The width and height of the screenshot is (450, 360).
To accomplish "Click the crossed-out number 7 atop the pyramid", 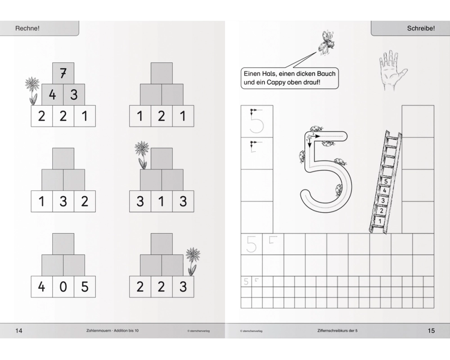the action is click(63, 73).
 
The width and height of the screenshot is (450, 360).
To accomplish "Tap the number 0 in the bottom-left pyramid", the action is click(63, 287).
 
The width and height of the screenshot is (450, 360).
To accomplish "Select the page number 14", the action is click(18, 331).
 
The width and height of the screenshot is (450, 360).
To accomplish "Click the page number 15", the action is click(431, 331).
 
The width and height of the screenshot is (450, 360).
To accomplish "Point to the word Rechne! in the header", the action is click(27, 28).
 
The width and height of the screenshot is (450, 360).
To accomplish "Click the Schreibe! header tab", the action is click(410, 28).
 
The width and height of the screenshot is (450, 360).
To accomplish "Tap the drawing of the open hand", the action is click(392, 70).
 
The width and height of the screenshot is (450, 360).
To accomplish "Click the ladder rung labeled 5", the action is click(386, 181).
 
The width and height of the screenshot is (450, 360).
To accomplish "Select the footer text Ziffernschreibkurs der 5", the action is click(337, 331).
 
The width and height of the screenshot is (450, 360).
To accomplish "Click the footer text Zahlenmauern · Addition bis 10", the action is click(112, 331).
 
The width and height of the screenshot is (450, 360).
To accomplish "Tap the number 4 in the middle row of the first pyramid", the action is click(52, 95).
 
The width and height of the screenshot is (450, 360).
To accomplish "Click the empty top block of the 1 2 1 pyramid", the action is click(162, 73).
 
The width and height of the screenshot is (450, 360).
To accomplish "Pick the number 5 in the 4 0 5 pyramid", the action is click(85, 287).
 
